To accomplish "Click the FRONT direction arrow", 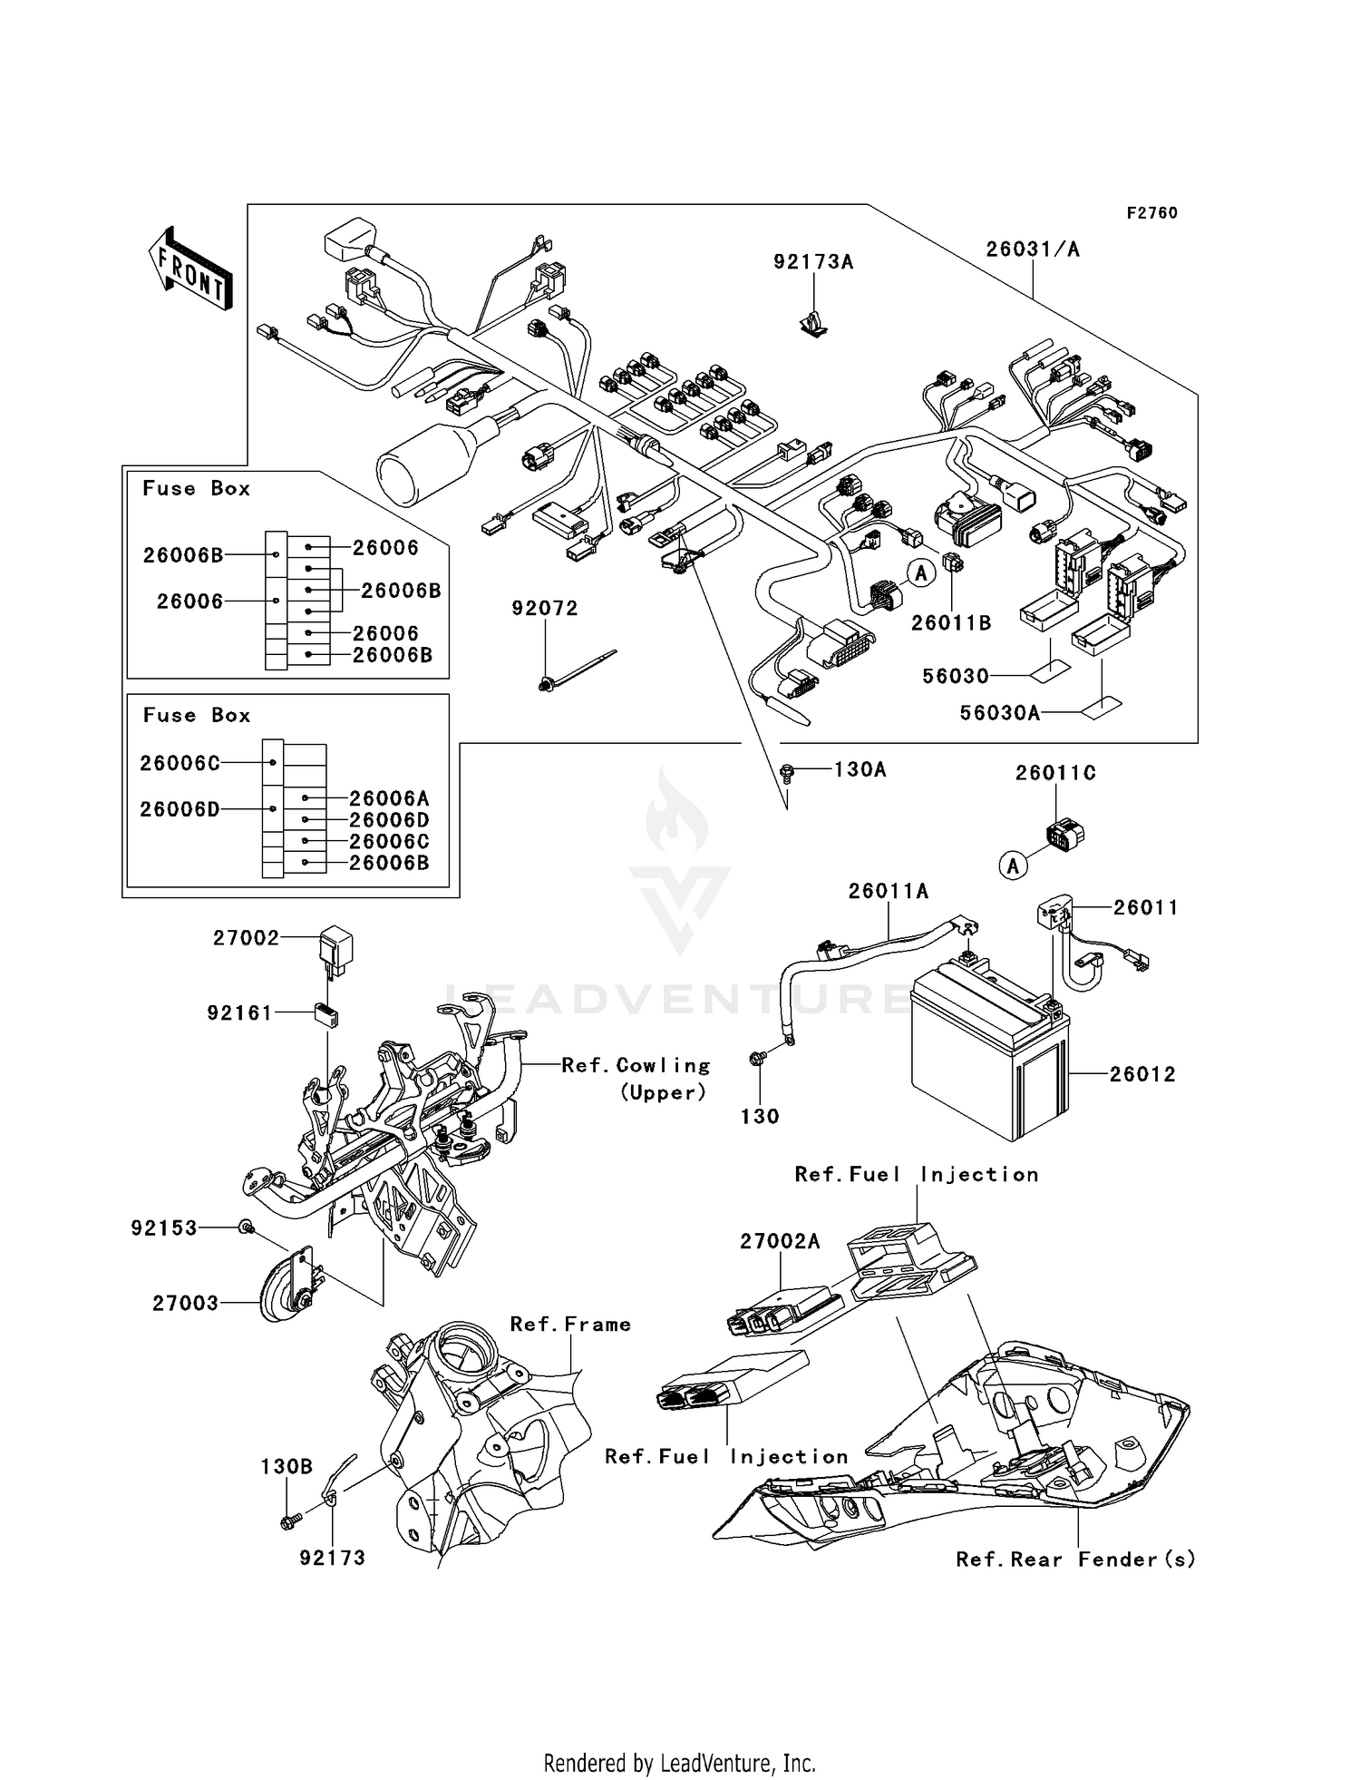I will point(189,269).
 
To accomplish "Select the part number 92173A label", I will point(813,262).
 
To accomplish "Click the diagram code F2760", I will point(1151,213).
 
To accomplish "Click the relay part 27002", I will point(336,950).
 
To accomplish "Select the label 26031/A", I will point(1033,249).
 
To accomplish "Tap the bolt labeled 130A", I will point(787,772).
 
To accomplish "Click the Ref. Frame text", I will point(570,1325).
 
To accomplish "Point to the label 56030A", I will point(999,713).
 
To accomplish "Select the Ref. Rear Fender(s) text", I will point(1075,1560).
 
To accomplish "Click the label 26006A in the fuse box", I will point(389,798).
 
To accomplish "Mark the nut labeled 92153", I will point(246,1227).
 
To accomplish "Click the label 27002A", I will point(780,1241).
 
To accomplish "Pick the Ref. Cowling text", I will point(636,1066).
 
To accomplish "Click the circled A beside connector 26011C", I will point(1013,866).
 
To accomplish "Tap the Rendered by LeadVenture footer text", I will point(679,1763).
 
